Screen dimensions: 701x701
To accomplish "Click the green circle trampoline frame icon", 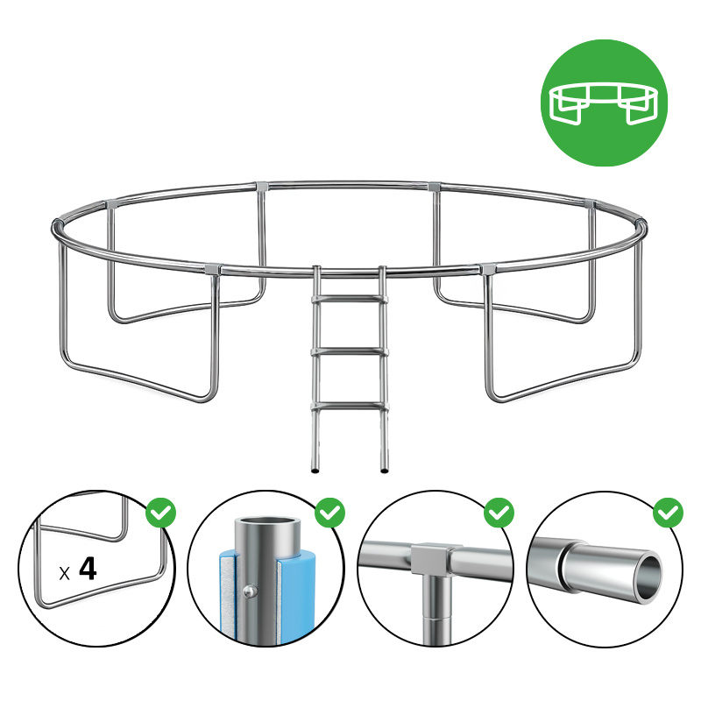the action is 604,103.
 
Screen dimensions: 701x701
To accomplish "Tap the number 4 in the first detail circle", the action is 88,568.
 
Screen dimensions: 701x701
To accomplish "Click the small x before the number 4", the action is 64,574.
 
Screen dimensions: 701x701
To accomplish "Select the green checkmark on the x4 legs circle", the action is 161,513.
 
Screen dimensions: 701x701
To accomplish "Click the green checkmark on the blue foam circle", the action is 330,513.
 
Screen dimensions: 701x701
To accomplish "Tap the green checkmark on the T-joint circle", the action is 499,513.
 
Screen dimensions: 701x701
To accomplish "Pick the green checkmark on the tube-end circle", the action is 668,513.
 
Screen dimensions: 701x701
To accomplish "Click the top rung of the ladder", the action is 349,299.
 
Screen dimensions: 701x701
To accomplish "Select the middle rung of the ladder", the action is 349,352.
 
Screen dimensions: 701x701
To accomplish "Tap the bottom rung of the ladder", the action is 349,407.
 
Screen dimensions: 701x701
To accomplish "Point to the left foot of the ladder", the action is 315,471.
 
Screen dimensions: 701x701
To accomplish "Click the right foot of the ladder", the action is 384,471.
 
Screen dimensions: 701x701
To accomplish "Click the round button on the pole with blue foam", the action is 249,591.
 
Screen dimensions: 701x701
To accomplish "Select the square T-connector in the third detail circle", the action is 430,559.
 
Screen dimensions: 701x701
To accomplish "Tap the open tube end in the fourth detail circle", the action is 648,578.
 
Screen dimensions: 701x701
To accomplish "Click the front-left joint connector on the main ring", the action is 212,269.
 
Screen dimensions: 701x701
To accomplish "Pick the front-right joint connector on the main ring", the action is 487,269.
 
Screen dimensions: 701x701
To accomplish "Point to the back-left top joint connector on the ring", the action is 262,186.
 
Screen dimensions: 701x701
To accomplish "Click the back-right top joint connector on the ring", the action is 435,186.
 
